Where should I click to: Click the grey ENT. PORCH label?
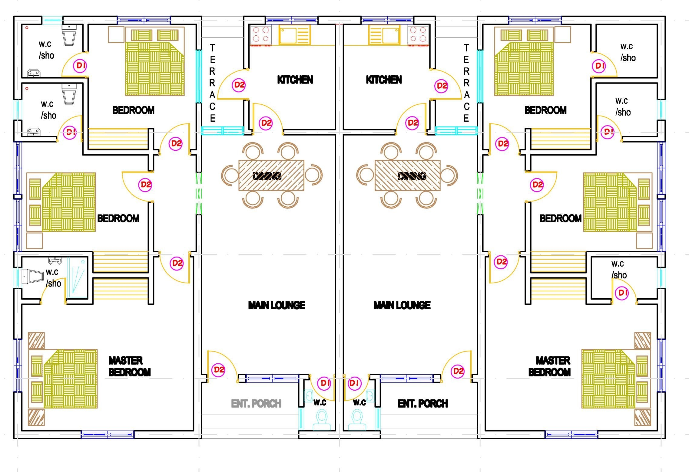[256, 404]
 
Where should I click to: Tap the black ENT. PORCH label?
[422, 404]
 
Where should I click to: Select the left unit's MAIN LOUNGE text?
[277, 305]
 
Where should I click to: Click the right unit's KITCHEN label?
[384, 80]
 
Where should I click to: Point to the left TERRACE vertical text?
[212, 83]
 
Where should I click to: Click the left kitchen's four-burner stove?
[261, 34]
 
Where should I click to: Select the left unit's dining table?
[271, 175]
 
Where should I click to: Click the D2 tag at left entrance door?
[219, 370]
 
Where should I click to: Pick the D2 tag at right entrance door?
[458, 371]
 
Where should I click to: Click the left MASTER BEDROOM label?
[129, 366]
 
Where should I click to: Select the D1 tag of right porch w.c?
[354, 383]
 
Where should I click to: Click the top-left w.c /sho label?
[46, 50]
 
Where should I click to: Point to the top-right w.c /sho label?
[628, 52]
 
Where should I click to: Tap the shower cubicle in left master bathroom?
[77, 277]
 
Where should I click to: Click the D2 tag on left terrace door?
[239, 85]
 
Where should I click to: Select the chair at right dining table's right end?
[449, 175]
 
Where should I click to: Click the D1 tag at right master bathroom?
[622, 293]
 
